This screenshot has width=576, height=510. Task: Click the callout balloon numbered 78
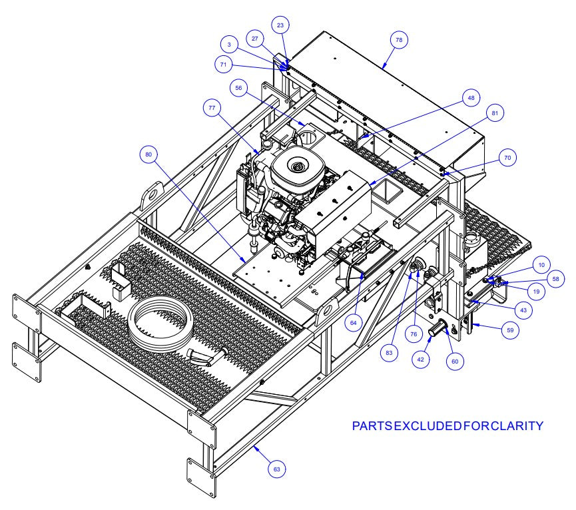398,41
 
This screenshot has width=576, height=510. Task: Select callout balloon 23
280,25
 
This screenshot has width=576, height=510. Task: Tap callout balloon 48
471,98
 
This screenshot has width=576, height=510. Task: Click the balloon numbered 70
507,159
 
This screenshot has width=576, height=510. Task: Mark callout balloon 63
276,469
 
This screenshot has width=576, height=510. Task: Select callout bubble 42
420,358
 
